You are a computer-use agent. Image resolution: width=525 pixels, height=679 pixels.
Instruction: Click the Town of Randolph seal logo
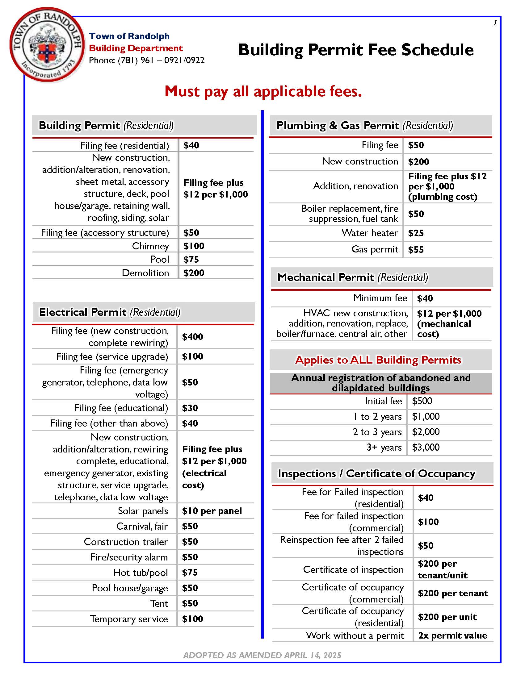coord(47,45)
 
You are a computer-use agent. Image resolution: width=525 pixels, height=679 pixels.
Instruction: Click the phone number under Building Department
coord(146,60)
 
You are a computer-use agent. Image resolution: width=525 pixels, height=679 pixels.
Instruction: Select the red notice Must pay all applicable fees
coord(263,91)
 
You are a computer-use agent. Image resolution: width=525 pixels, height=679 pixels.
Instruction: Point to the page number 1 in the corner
coord(495,23)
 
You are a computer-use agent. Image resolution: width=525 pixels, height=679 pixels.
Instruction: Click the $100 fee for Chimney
coord(193,246)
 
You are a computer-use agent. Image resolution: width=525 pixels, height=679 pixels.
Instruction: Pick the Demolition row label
coord(145,273)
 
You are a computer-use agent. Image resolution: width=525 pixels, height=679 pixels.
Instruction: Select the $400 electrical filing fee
coord(192,337)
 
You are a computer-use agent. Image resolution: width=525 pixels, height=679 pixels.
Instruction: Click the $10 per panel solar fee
coord(212,511)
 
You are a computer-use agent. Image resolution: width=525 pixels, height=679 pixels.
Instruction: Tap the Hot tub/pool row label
coord(140,572)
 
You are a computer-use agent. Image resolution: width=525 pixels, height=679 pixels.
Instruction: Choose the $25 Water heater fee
coord(416,233)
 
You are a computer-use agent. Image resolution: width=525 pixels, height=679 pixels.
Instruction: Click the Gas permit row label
coord(375,249)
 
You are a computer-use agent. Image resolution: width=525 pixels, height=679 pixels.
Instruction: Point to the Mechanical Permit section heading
coord(352,277)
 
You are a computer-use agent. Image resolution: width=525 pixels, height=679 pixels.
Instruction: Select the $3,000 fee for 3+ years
coord(426,448)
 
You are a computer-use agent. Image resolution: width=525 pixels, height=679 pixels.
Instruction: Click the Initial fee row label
coord(383,401)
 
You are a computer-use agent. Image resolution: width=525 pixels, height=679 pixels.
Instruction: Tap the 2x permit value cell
coord(452,635)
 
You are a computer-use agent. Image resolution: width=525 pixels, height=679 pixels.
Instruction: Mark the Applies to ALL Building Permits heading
coord(378,360)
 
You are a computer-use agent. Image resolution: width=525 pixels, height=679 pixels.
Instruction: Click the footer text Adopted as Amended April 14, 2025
coord(262,655)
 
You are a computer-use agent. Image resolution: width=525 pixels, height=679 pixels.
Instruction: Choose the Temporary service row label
coord(129,619)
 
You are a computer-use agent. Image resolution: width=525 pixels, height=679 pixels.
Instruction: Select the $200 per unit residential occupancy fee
coord(447,617)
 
